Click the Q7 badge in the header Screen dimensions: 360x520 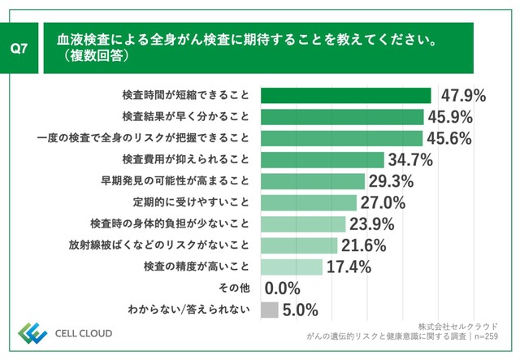tap(20, 49)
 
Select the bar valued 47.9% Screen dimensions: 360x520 tap(345, 95)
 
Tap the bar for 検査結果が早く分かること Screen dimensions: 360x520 tap(342, 116)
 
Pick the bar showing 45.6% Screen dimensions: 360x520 tap(341, 137)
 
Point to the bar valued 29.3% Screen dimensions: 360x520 tap(313, 180)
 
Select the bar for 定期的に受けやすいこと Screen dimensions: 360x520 tap(309, 202)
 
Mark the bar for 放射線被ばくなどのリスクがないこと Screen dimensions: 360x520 tap(299, 245)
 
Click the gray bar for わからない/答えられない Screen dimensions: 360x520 tap(270, 310)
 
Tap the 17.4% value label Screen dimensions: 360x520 tap(349, 267)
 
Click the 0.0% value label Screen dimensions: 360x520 tap(283, 288)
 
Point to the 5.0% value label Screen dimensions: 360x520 tap(300, 310)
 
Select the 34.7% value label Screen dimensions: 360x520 tap(410, 158)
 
